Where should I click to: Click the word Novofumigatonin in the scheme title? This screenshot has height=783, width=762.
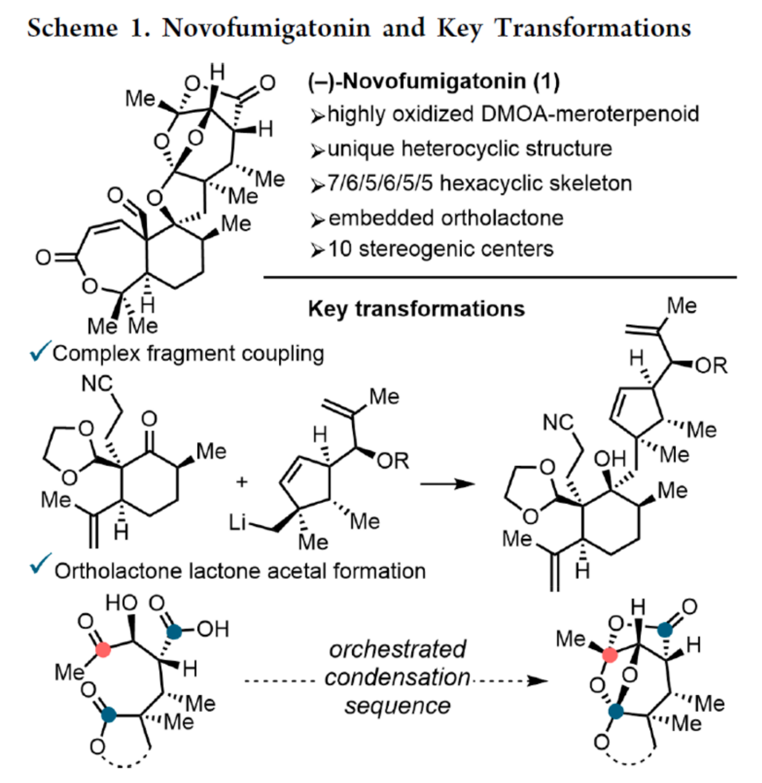tap(266, 28)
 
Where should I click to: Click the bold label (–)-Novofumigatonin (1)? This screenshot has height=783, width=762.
tap(434, 81)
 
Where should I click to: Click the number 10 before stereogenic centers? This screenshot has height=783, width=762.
tap(340, 249)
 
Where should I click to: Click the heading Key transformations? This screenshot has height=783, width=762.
tap(416, 309)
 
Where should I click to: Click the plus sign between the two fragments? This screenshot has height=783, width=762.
tap(242, 482)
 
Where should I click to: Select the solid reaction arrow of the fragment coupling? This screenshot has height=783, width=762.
tap(447, 484)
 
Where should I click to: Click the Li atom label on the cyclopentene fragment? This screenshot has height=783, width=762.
tap(238, 522)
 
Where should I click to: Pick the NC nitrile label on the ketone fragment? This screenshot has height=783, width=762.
tap(97, 383)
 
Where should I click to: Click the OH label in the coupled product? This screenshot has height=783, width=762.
tap(610, 459)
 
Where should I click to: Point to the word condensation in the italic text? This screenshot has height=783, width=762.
tap(397, 677)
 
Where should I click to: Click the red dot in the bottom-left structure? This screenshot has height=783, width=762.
tap(103, 649)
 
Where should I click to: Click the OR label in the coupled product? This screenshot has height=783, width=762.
tap(712, 365)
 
